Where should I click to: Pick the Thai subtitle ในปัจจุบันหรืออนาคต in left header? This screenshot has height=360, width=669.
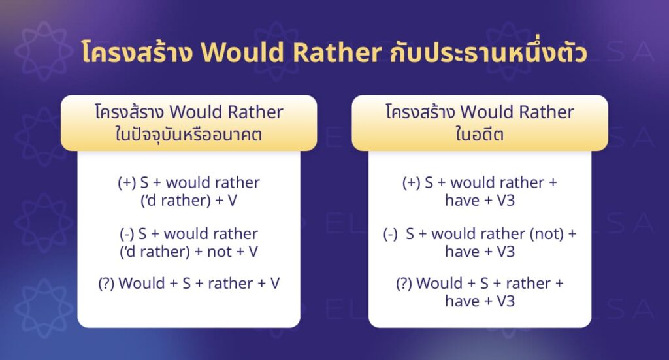click(x=188, y=131)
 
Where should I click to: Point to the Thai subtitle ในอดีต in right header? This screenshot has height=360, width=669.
click(x=480, y=131)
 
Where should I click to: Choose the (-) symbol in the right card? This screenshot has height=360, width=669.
click(x=391, y=234)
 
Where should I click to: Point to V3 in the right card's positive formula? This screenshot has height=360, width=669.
click(x=505, y=200)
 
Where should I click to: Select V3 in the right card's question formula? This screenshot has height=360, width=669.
click(x=505, y=301)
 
